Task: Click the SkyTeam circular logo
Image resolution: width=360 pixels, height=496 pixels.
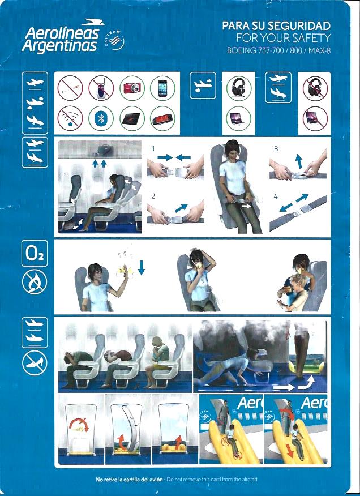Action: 115,41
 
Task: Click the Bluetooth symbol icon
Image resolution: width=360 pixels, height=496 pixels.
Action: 101,118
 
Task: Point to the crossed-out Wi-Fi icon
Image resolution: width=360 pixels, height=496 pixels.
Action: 70,118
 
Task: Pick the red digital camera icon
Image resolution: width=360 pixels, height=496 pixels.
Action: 132,87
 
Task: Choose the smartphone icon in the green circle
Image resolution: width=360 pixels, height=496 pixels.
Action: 162,87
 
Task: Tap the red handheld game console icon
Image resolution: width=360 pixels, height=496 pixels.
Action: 162,119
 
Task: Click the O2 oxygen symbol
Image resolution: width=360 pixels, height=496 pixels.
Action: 35,253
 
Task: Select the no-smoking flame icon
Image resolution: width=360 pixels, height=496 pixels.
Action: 35,282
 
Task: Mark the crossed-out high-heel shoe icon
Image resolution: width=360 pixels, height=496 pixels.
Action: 35,363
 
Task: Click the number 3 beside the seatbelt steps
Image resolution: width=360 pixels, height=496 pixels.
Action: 276,148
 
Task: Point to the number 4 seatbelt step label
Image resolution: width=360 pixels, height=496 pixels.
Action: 276,196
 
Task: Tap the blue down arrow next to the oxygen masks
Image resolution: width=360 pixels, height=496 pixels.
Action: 142,268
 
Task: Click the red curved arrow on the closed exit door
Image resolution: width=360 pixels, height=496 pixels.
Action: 79,424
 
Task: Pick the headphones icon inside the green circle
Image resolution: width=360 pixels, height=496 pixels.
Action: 239,87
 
